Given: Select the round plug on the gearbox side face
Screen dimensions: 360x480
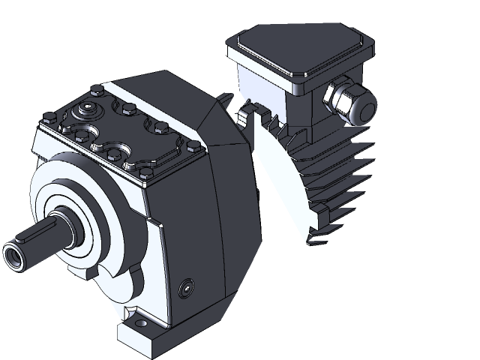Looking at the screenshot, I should pos(187,287).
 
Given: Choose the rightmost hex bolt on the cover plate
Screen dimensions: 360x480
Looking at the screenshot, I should pos(193,144).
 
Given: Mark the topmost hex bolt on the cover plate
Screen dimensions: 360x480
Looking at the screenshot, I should pos(96,91).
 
